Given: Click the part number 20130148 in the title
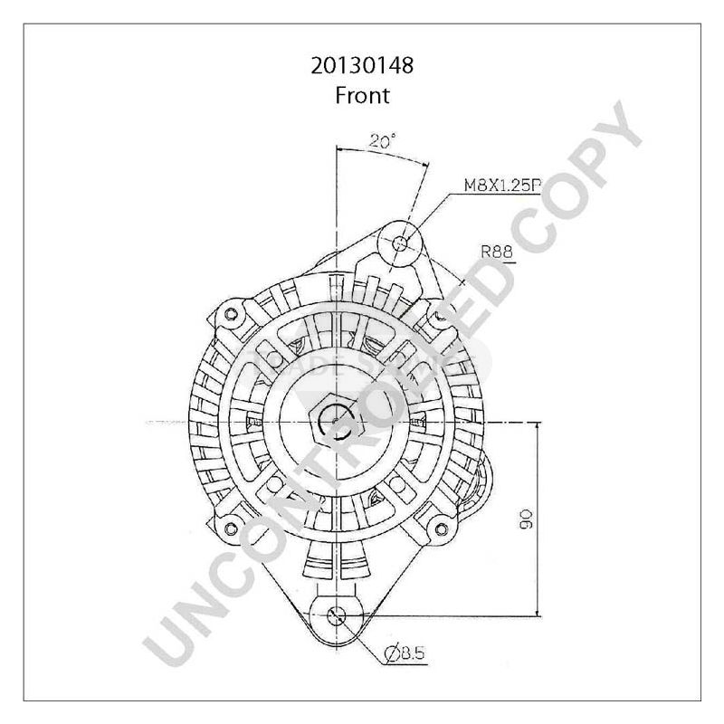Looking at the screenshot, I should click(362, 66).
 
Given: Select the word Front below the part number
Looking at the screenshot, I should click(362, 94).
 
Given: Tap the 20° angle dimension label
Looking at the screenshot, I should click(382, 141).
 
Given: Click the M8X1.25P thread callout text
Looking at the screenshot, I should click(502, 186).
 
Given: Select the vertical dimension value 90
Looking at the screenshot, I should click(528, 518).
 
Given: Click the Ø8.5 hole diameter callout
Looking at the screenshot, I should click(404, 653).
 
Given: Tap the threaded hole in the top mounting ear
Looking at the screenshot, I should click(402, 218).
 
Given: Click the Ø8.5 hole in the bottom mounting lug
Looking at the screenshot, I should click(337, 615).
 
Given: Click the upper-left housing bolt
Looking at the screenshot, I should click(231, 313).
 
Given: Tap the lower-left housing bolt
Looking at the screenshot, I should click(231, 528).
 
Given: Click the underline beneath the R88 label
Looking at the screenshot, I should click(498, 262).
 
